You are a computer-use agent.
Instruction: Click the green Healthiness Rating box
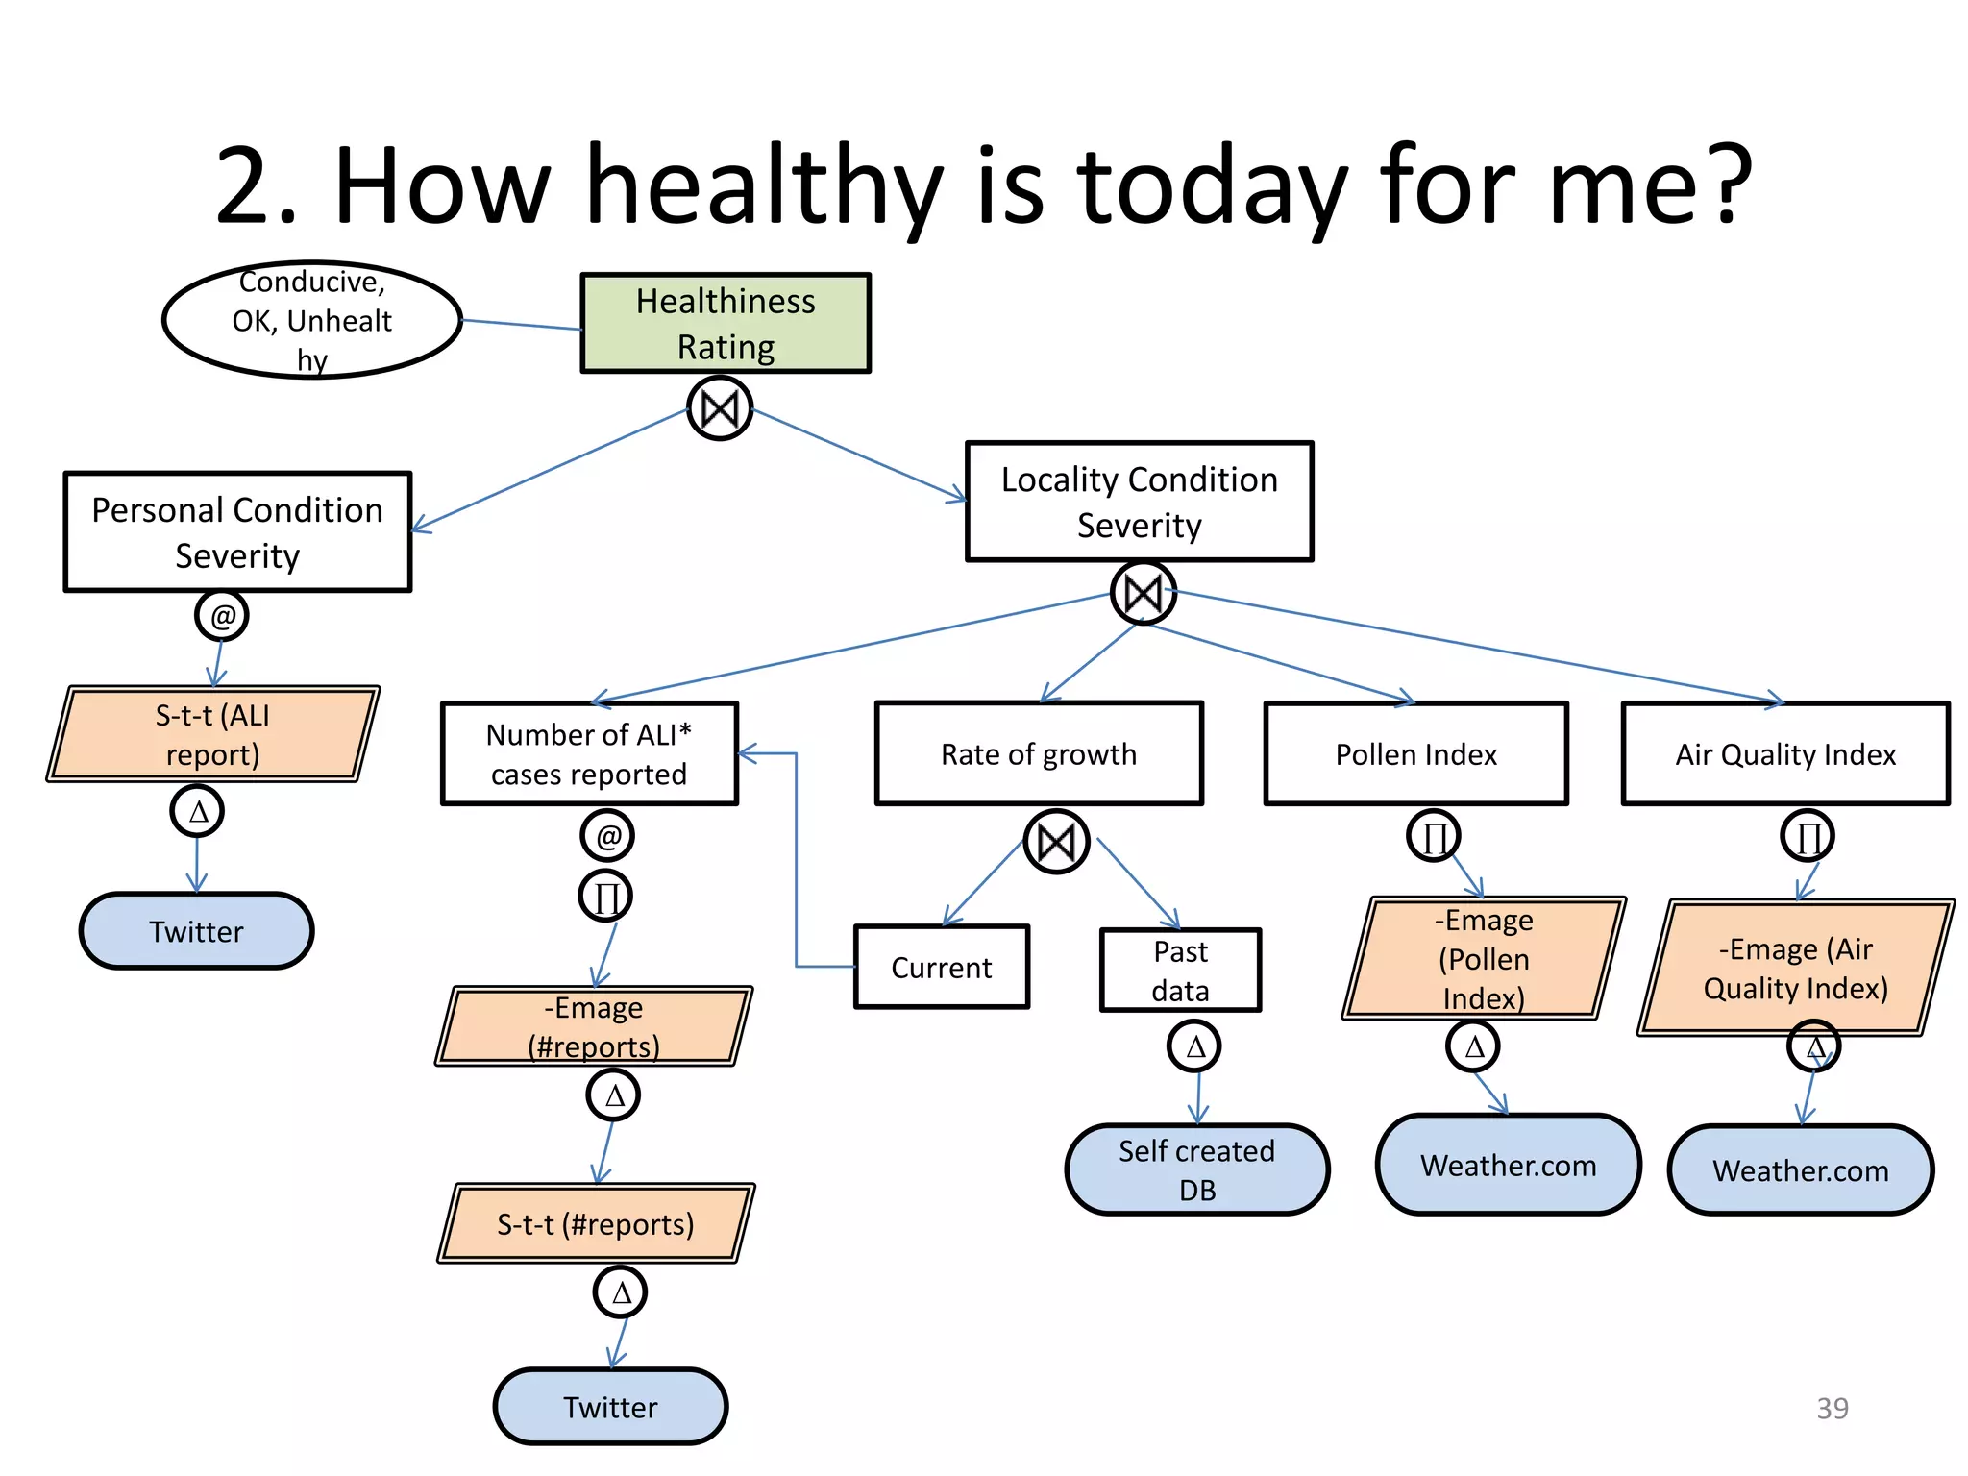[726, 323]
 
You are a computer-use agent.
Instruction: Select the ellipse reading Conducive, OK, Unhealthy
[312, 320]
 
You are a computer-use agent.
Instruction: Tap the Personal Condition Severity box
[237, 531]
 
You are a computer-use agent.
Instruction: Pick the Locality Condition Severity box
[1139, 502]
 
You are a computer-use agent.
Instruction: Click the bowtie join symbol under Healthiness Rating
[720, 409]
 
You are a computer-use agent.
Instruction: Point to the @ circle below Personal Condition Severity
[222, 615]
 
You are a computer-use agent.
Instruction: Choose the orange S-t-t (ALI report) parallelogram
[213, 734]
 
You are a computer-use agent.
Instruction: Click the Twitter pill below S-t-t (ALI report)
[197, 930]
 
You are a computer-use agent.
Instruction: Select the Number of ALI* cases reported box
[589, 753]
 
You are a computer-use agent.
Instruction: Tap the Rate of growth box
[1039, 753]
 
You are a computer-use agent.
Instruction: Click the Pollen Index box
[1415, 753]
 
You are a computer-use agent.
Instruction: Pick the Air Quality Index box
[1785, 753]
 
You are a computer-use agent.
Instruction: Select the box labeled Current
[941, 967]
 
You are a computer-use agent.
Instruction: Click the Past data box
[1180, 970]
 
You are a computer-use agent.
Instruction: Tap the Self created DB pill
[1197, 1169]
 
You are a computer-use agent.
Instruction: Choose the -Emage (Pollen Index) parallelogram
[1484, 958]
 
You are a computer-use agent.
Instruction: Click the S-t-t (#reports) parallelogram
[596, 1223]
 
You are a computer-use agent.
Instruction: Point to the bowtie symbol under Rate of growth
[1056, 843]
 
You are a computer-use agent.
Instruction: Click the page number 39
[1832, 1408]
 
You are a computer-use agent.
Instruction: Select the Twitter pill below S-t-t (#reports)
[610, 1406]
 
